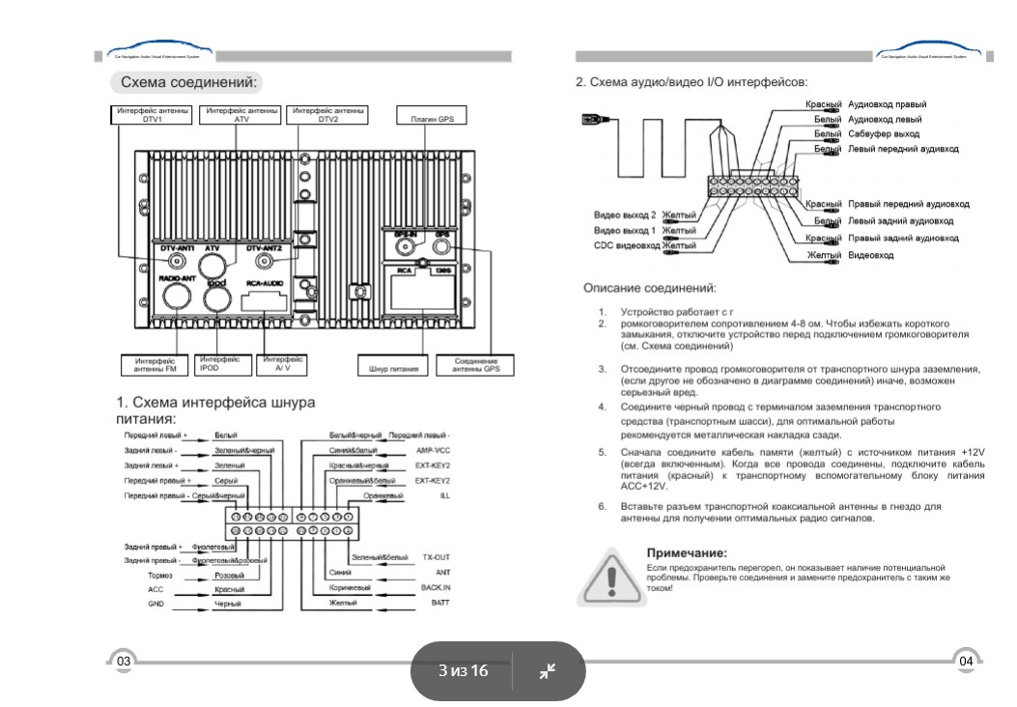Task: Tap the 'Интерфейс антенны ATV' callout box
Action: pos(241,115)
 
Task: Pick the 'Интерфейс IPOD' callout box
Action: pos(221,363)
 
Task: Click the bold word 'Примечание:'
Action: pos(686,553)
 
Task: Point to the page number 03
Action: pos(124,661)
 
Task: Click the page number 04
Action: pos(967,661)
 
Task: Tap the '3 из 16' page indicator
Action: pos(464,670)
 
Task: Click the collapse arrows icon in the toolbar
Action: pos(548,670)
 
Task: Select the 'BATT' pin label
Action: pos(440,602)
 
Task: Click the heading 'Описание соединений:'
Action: pos(649,288)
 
